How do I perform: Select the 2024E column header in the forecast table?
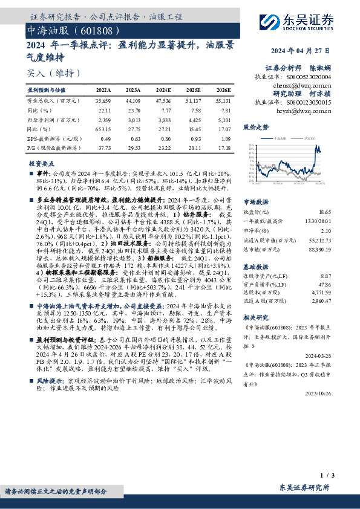pyautogui.click(x=163, y=89)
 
